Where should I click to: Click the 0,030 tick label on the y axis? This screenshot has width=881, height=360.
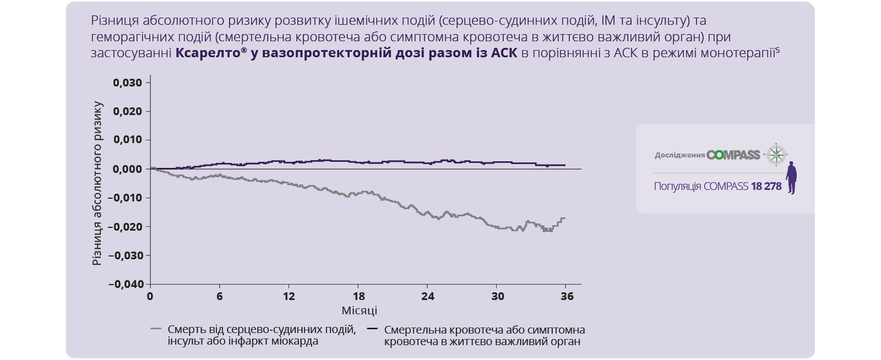[127, 83]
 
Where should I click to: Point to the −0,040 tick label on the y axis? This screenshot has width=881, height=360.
[126, 284]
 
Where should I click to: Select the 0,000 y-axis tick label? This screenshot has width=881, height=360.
[127, 169]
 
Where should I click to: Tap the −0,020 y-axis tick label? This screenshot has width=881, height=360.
[126, 227]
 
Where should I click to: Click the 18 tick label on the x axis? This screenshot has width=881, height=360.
[359, 296]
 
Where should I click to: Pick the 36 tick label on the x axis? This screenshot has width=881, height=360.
[567, 296]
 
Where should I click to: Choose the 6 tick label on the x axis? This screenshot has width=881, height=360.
[220, 296]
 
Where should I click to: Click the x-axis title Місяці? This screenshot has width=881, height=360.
[359, 310]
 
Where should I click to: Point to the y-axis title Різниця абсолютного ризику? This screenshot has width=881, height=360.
[97, 183]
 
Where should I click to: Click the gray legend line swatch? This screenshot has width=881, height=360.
[156, 329]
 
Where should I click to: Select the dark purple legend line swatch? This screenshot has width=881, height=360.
[372, 329]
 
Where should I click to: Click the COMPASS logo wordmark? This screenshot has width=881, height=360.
[733, 155]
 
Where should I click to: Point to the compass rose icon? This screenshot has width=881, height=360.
[776, 155]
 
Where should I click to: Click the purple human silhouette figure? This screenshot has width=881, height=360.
[791, 177]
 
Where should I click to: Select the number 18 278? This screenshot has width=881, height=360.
[766, 186]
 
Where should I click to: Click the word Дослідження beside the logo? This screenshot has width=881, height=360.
[679, 155]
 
